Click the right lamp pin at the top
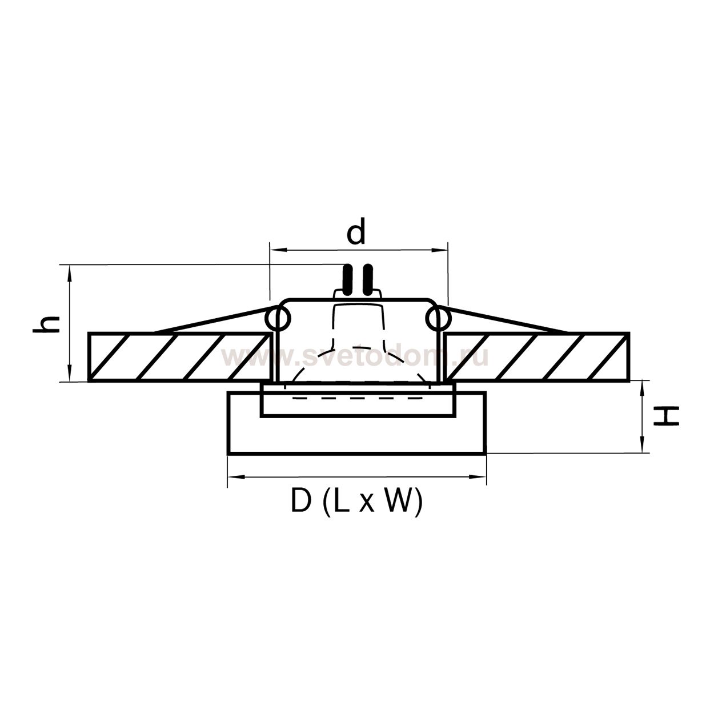(x=368, y=280)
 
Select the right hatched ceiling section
(x=537, y=357)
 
